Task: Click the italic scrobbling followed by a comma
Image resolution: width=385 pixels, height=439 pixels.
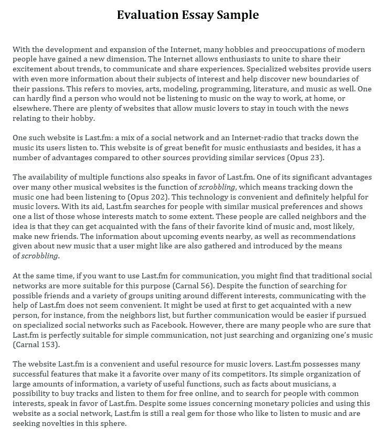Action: [x=216, y=187]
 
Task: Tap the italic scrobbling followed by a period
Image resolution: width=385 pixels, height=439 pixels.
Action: [x=40, y=256]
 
